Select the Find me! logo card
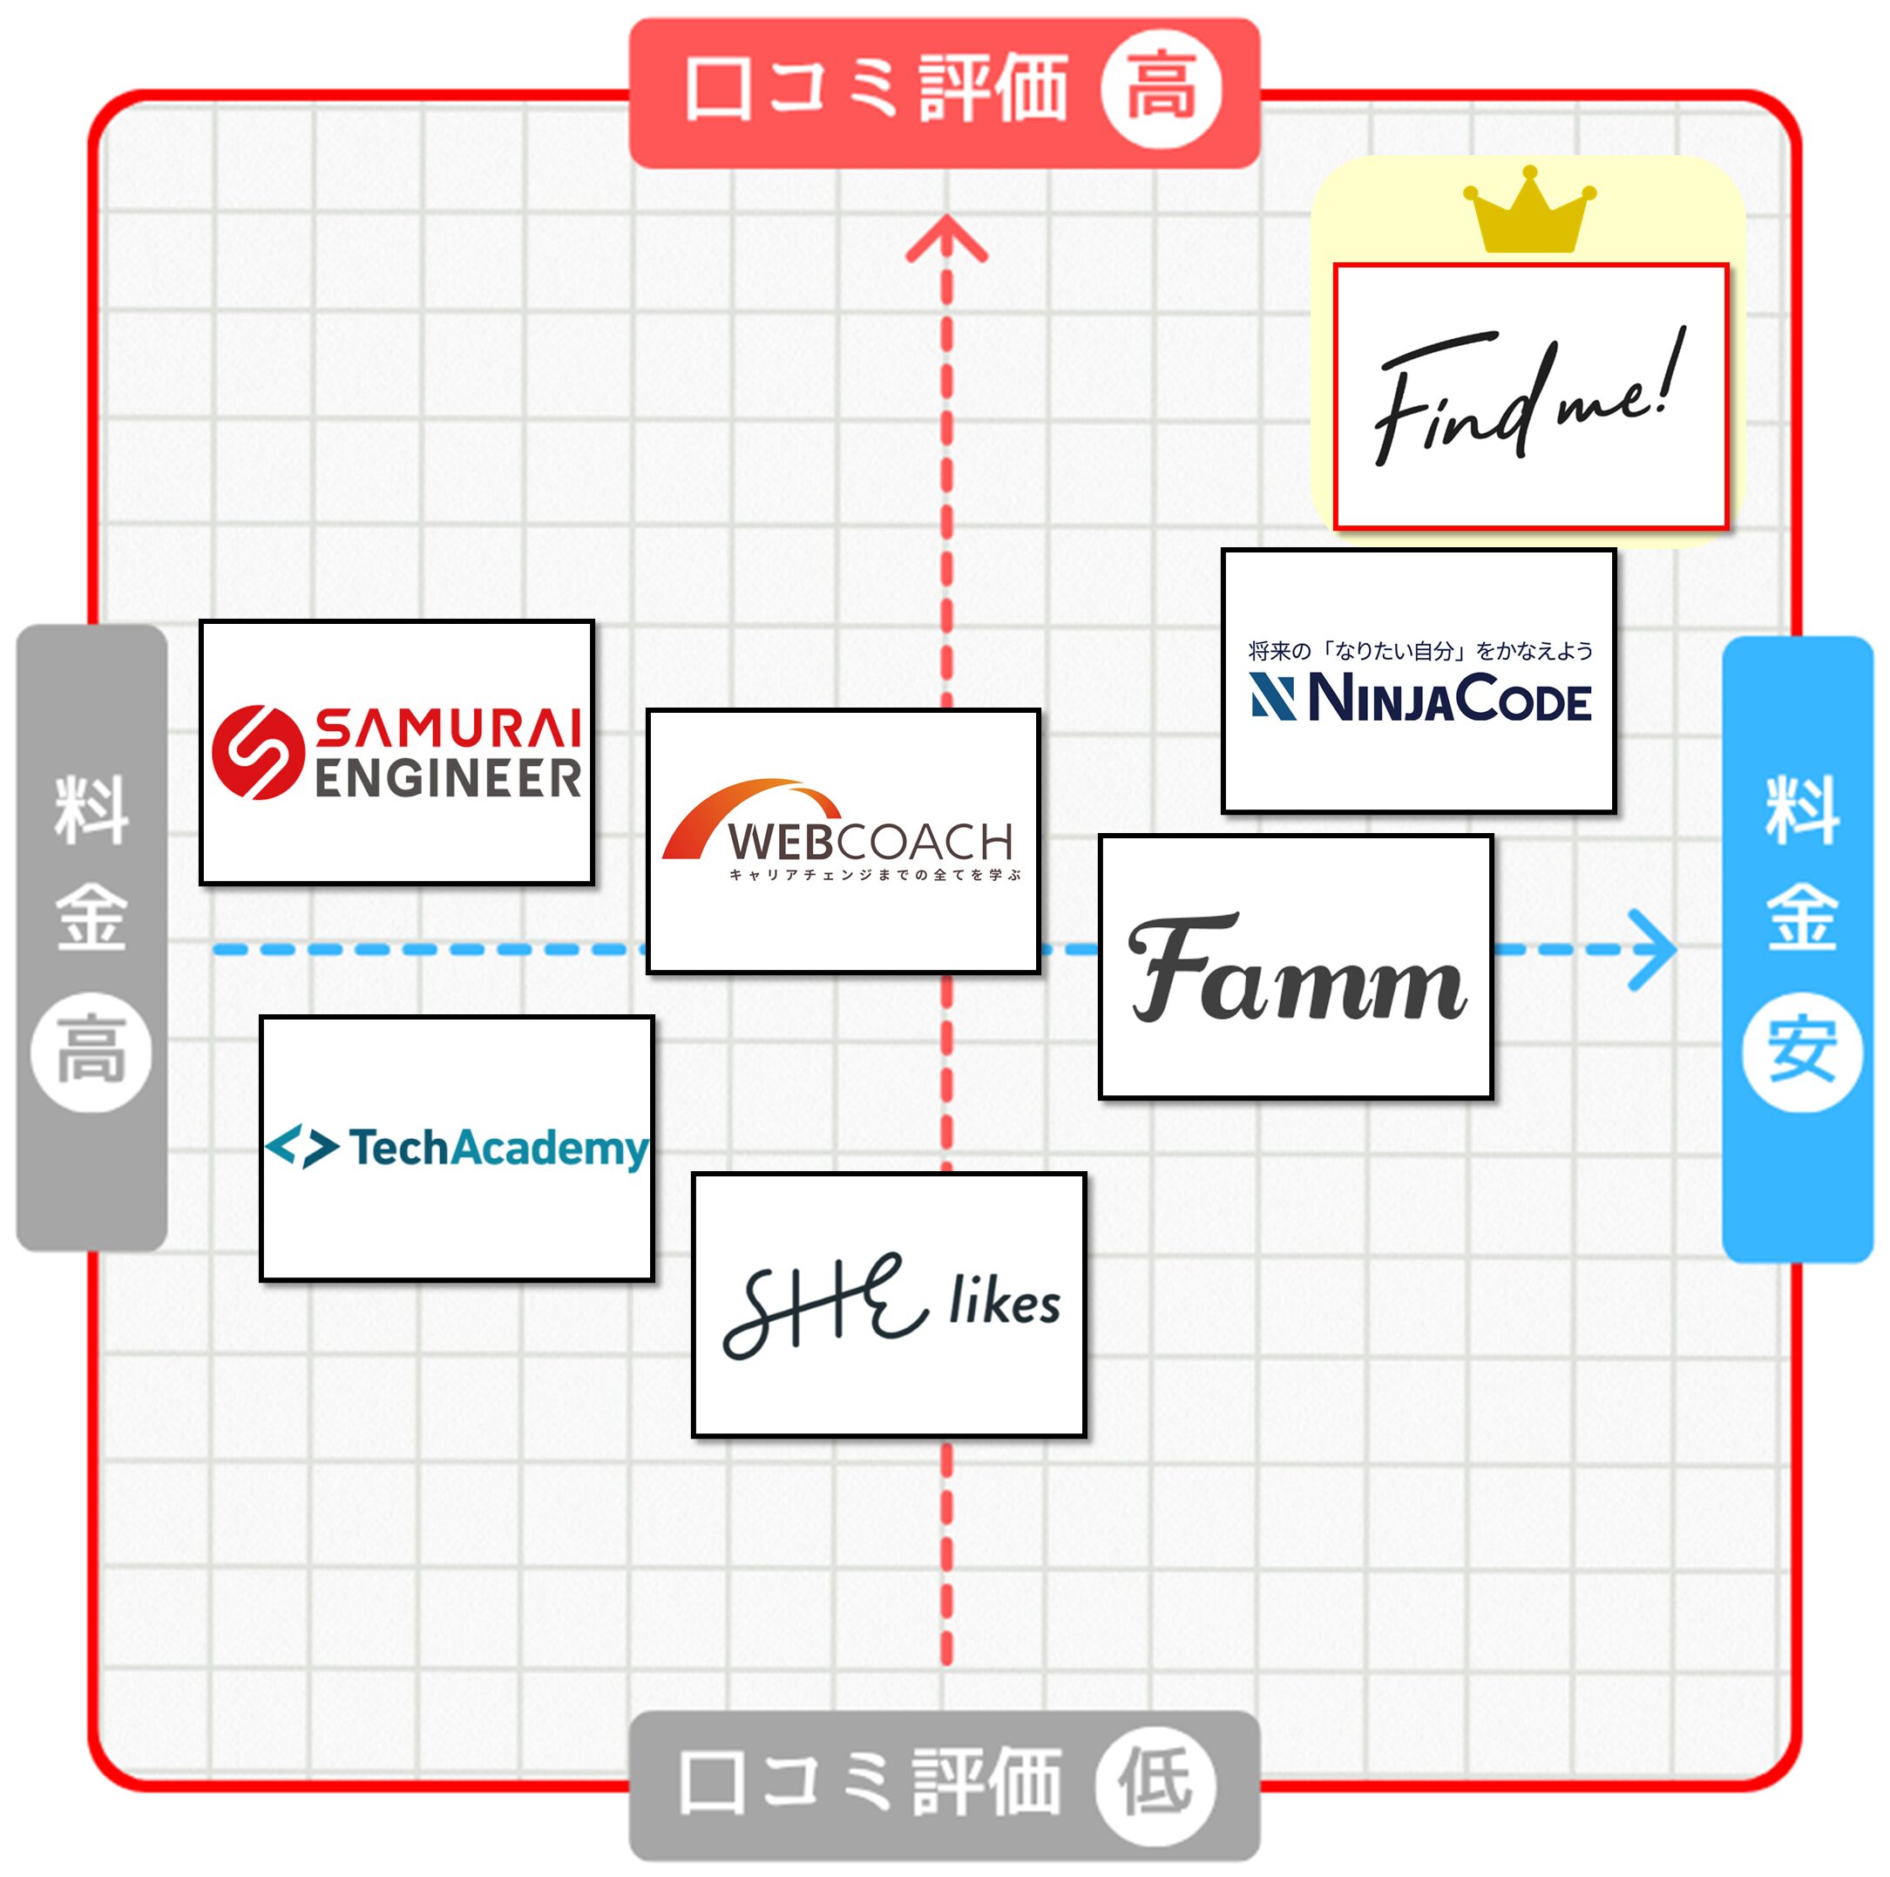1531,396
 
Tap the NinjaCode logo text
1449,698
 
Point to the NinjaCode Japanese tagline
1419,650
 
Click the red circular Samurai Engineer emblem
257,752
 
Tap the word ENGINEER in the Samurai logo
448,778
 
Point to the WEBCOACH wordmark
870,842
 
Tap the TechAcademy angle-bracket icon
301,1147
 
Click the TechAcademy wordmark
499,1149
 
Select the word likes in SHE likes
1004,1302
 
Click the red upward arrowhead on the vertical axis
946,239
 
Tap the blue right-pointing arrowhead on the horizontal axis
1653,950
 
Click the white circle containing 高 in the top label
1162,90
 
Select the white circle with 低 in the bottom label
1156,1783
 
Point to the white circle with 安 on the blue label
1801,1052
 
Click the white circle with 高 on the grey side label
91,1052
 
